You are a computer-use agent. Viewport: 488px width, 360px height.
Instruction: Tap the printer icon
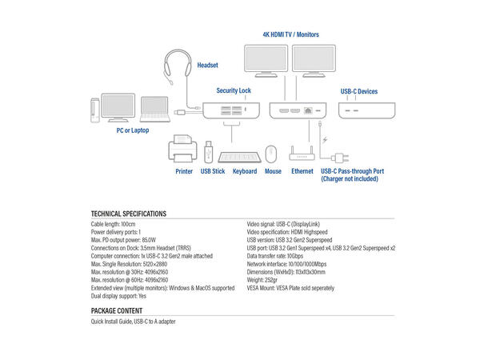click(x=184, y=150)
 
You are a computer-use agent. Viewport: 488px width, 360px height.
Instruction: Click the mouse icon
click(x=272, y=153)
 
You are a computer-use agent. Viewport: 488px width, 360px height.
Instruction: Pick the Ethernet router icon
click(x=302, y=151)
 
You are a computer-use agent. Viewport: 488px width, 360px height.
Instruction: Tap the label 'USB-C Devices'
click(x=358, y=92)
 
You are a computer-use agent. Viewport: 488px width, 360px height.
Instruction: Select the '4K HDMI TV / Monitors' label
click(x=291, y=35)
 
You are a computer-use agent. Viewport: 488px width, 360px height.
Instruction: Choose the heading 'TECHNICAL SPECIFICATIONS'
click(x=129, y=214)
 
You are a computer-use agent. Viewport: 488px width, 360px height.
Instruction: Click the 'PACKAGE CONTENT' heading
click(x=117, y=310)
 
